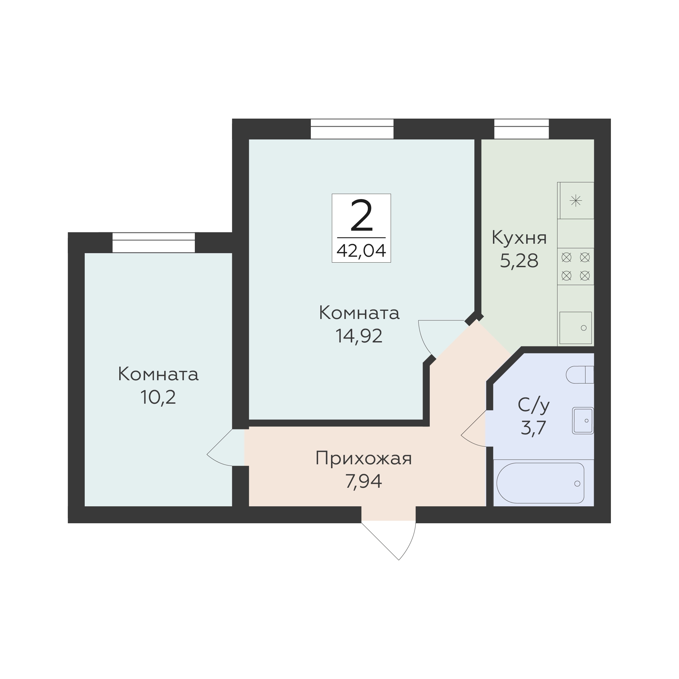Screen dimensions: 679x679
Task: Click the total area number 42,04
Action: click(361, 251)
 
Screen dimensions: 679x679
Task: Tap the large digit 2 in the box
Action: click(361, 216)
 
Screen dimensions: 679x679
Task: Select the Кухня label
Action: click(519, 238)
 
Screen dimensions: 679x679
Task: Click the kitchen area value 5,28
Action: click(519, 261)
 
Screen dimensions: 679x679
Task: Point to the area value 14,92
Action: click(359, 336)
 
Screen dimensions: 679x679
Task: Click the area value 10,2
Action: click(158, 397)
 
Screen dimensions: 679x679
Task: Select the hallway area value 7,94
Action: click(363, 482)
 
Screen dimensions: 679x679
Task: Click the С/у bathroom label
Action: click(533, 405)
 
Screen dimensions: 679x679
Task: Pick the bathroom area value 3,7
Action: click(533, 428)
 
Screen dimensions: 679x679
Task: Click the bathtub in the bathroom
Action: click(540, 483)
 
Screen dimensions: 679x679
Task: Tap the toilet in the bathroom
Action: click(580, 375)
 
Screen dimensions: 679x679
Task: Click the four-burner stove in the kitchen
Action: click(576, 267)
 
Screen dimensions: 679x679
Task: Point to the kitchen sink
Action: click(576, 328)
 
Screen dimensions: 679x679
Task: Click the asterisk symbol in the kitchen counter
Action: click(576, 201)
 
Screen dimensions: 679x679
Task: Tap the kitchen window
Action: click(522, 129)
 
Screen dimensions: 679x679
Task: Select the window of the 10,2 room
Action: click(153, 242)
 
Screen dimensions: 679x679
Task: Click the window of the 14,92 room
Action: click(352, 129)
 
